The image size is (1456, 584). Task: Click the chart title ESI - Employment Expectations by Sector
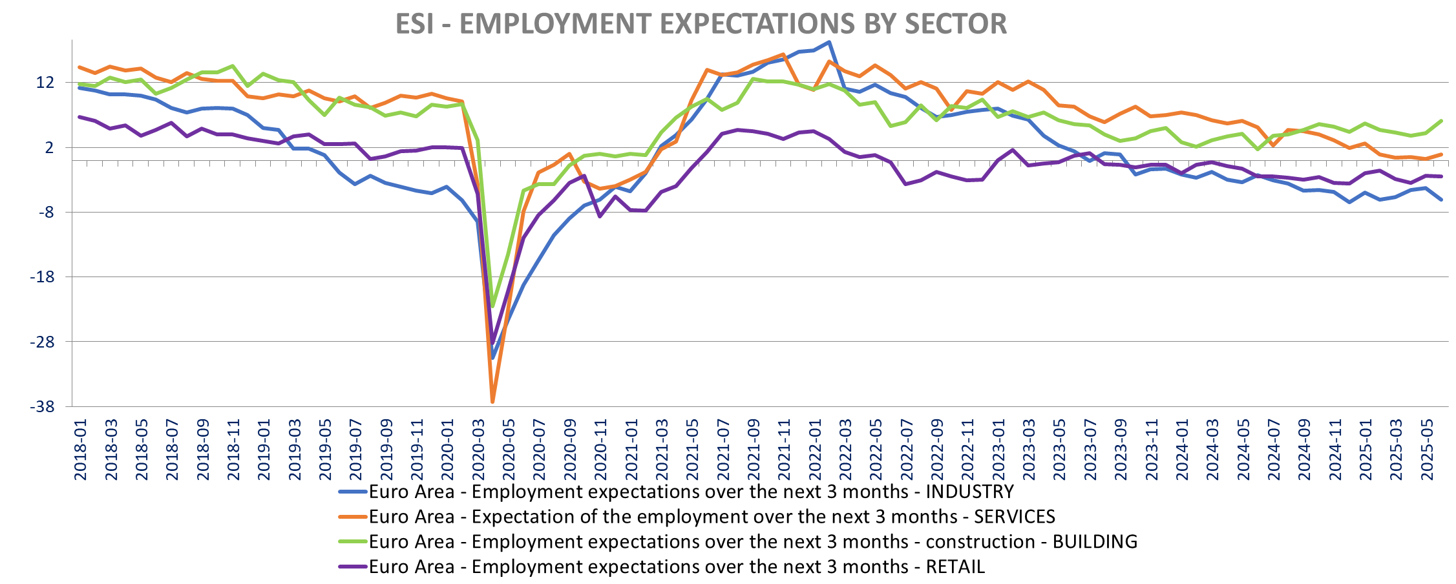(x=701, y=24)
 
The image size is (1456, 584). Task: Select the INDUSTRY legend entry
(x=691, y=492)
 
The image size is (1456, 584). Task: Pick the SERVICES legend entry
(x=712, y=517)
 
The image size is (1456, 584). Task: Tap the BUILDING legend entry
(x=753, y=541)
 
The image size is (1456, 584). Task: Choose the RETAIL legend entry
(x=677, y=567)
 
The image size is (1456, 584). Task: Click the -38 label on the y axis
(x=42, y=407)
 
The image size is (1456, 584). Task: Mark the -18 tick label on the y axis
(x=42, y=277)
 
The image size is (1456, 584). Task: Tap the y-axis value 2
(x=50, y=147)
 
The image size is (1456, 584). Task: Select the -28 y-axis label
(x=42, y=342)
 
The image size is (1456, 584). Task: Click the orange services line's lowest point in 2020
(x=492, y=402)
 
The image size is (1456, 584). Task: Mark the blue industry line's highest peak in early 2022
(x=829, y=43)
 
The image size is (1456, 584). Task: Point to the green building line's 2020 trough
(x=492, y=306)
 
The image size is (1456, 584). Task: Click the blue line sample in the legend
(x=353, y=492)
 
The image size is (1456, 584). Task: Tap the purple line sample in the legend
(x=353, y=567)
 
